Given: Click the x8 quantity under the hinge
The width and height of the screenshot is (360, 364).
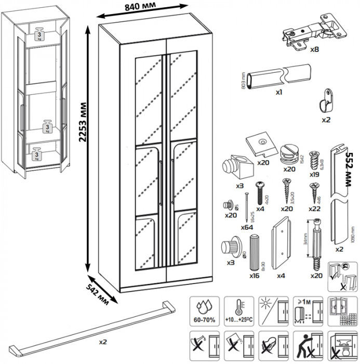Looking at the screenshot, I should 314,50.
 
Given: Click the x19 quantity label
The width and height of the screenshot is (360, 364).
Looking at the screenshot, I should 314,175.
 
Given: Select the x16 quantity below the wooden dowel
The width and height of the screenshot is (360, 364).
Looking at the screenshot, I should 255,275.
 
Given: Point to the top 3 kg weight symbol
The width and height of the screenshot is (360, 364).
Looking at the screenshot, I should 39,34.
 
